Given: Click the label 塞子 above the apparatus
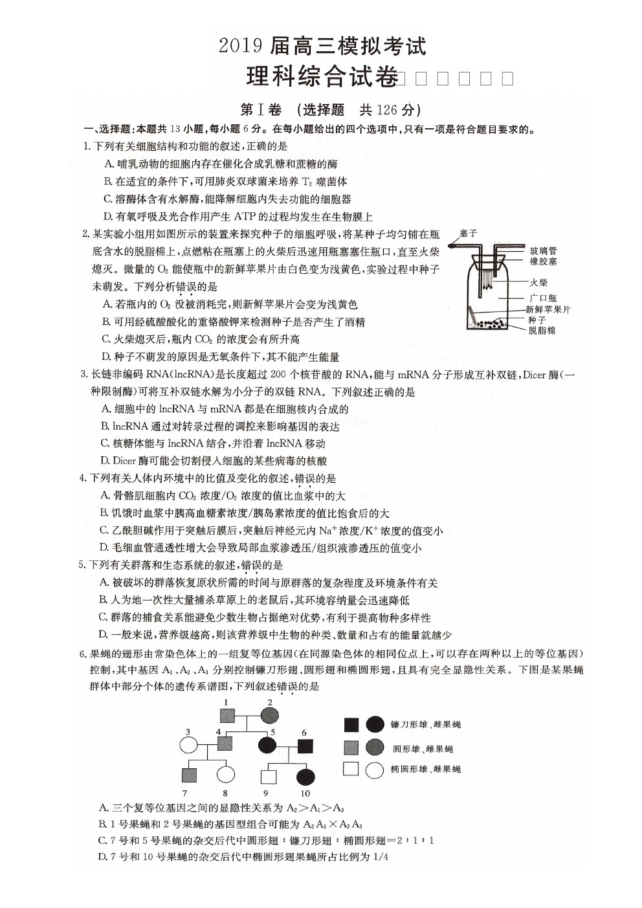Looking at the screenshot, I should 468,233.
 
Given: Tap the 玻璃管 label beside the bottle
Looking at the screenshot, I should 543,251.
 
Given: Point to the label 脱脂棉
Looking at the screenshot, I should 542,331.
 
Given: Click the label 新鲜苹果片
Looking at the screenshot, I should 548,309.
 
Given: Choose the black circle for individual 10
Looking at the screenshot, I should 305,776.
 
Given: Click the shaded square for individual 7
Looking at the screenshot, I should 188,774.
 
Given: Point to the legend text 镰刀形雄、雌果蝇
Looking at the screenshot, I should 426,725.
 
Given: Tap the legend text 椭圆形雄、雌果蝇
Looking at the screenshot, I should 426,770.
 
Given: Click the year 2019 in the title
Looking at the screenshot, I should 240,47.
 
